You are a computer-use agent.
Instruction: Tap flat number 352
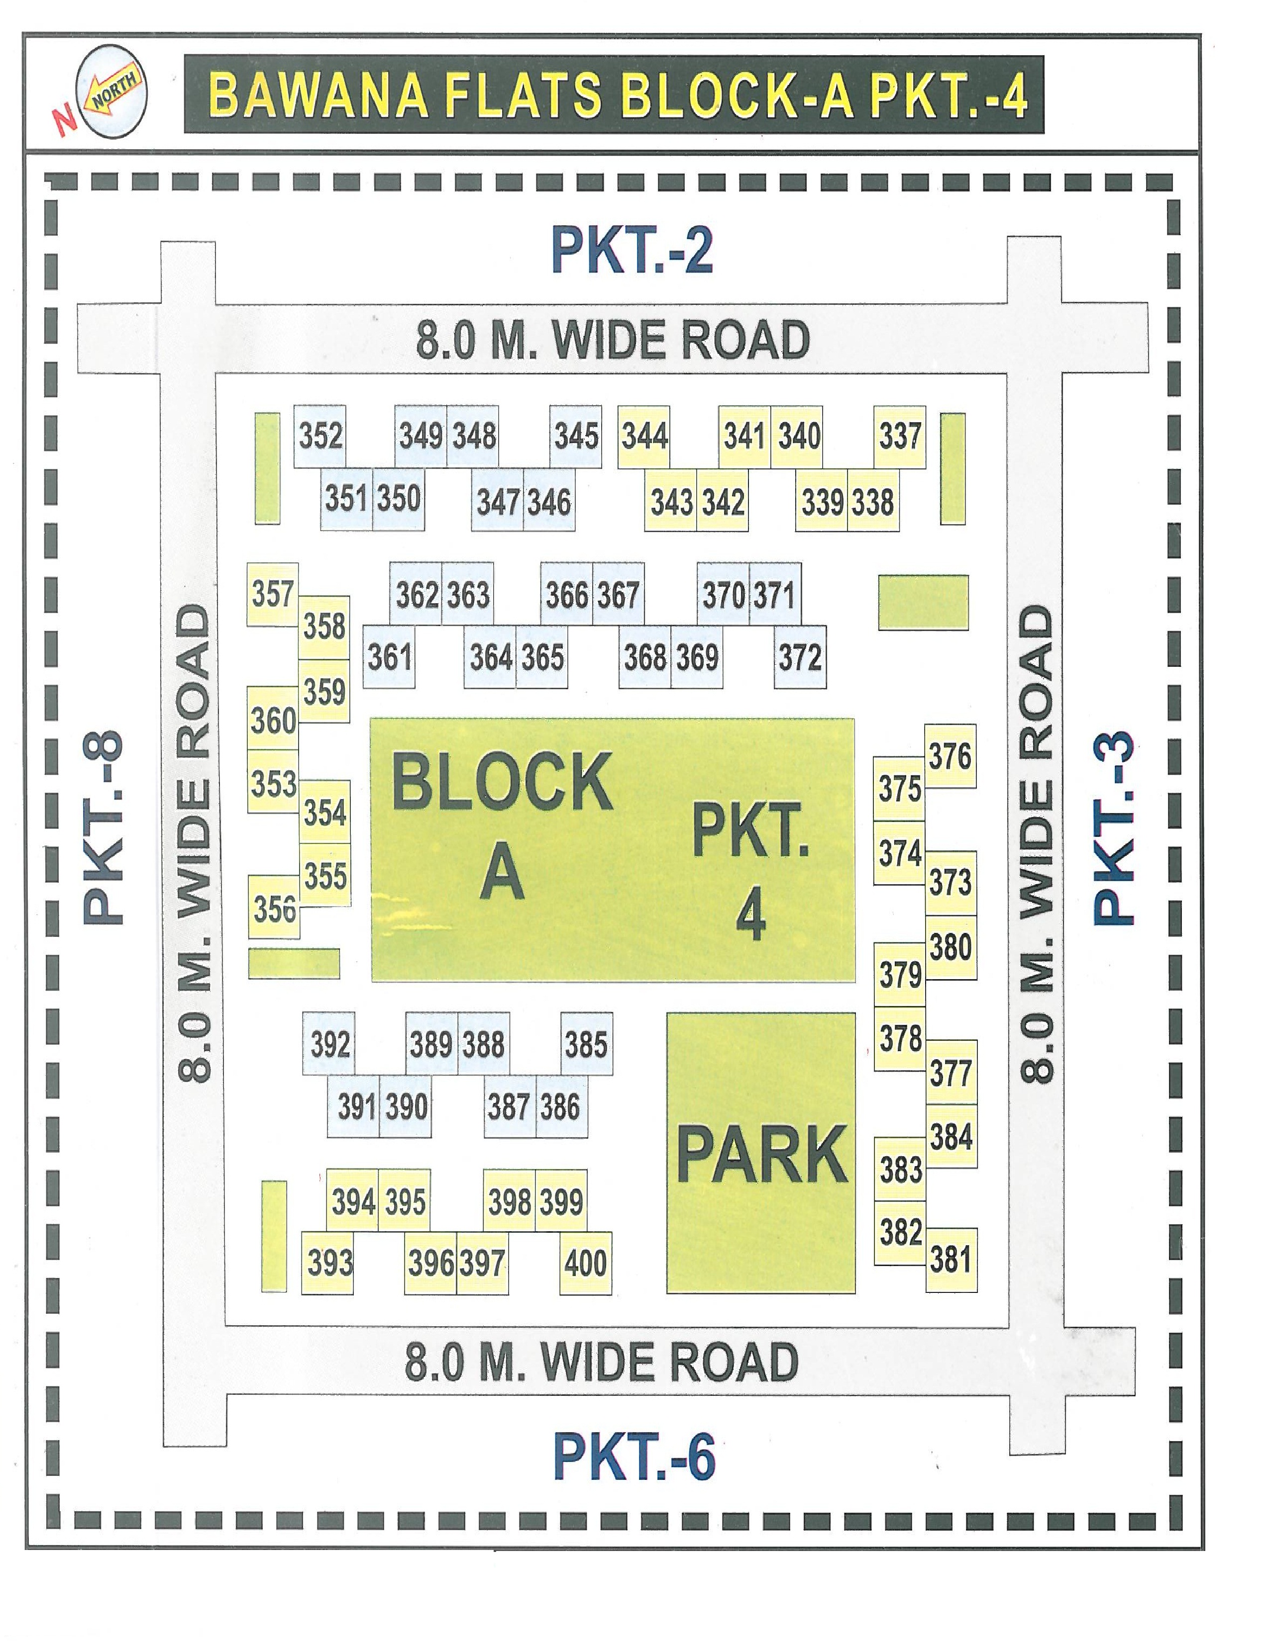(321, 436)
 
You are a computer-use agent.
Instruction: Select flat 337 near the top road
(899, 436)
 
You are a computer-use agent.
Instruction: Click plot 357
(272, 594)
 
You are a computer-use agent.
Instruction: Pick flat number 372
(800, 657)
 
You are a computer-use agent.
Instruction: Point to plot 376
(950, 756)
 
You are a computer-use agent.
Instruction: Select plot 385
(586, 1044)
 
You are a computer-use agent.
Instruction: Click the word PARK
(761, 1156)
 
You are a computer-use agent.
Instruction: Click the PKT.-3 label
(1111, 826)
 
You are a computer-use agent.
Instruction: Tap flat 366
(567, 595)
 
